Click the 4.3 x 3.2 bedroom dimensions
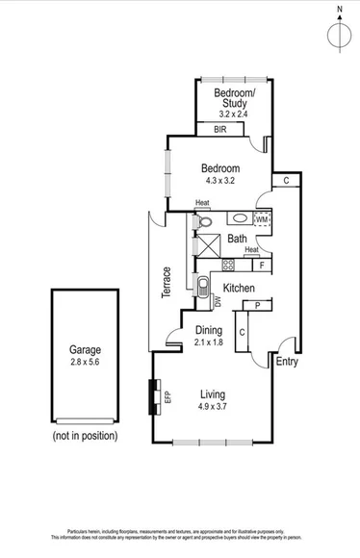pos(220,181)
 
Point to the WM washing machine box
pos(262,219)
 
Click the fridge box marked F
pos(262,265)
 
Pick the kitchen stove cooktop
pos(229,265)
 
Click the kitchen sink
pos(203,286)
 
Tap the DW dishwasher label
pos(218,301)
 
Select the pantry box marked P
pos(258,306)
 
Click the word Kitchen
pos(239,288)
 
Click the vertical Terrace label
pos(167,282)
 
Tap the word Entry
pos(287,362)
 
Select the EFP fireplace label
pos(167,395)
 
